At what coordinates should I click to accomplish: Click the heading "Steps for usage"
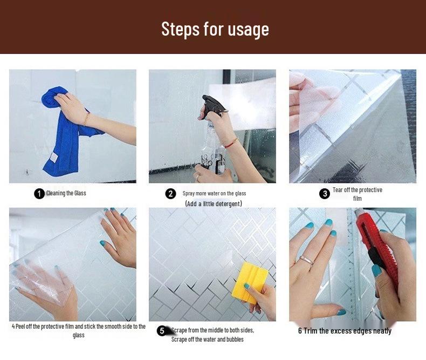pyautogui.click(x=215, y=29)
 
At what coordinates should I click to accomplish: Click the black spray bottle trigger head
pyautogui.click(x=214, y=106)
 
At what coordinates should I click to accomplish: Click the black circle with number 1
pyautogui.click(x=39, y=194)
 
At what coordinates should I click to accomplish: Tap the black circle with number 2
pyautogui.click(x=170, y=194)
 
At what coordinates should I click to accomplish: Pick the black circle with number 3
pyautogui.click(x=325, y=194)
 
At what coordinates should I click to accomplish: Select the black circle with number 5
pyautogui.click(x=162, y=331)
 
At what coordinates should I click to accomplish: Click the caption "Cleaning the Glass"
pyautogui.click(x=66, y=193)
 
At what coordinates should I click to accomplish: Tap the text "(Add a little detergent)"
pyautogui.click(x=214, y=203)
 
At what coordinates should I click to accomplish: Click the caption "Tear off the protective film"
pyautogui.click(x=358, y=194)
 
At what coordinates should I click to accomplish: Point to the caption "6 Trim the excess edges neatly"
pyautogui.click(x=345, y=331)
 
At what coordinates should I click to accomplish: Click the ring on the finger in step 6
pyautogui.click(x=306, y=260)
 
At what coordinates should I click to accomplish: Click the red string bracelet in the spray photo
pyautogui.click(x=231, y=143)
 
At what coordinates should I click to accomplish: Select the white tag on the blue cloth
pyautogui.click(x=54, y=158)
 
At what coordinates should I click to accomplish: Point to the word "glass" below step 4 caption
pyautogui.click(x=79, y=335)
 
